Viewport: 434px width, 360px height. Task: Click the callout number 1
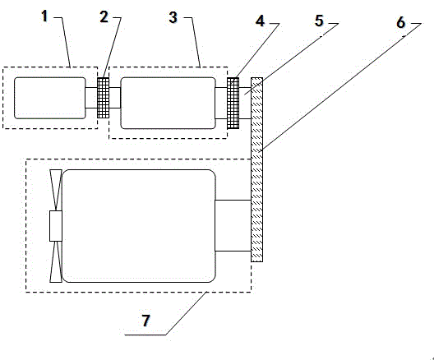(x=44, y=16)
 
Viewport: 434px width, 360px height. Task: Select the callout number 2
(x=104, y=17)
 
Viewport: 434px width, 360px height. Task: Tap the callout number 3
(x=173, y=17)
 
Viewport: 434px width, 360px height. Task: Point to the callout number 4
(x=260, y=21)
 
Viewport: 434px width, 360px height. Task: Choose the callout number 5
(x=319, y=21)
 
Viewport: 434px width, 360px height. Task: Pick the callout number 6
(x=401, y=22)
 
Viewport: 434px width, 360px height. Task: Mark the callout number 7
(x=145, y=321)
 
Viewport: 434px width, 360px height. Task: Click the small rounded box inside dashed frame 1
(x=50, y=99)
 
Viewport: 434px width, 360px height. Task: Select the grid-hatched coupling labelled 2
(x=103, y=98)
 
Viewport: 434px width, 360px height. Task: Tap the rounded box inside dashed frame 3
(x=168, y=103)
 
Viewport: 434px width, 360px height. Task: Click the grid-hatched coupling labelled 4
(x=233, y=104)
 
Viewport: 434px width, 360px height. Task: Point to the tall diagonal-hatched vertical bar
(x=256, y=169)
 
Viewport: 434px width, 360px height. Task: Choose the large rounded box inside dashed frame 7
(x=139, y=226)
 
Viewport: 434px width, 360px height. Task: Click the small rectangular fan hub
(x=56, y=226)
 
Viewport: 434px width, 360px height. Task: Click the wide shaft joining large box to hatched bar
(x=233, y=225)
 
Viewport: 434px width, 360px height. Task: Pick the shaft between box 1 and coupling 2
(x=91, y=98)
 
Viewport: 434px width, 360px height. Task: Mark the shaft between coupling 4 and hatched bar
(x=245, y=104)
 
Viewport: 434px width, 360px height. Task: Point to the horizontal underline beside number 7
(x=145, y=335)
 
